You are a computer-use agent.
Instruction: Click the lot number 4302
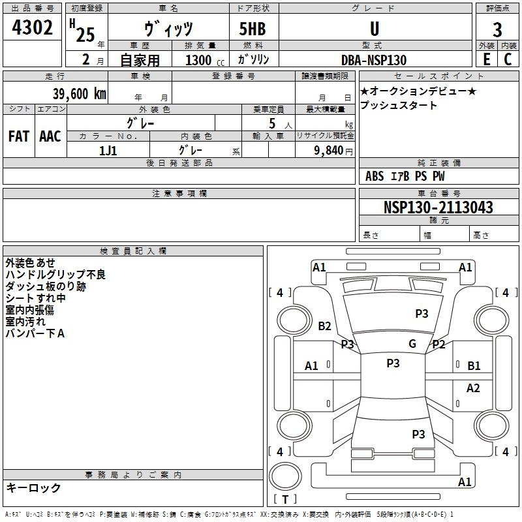(x=32, y=27)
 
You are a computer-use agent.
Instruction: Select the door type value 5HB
(x=253, y=29)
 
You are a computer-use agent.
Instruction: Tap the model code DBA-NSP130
(x=374, y=60)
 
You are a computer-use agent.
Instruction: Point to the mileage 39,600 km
(x=79, y=94)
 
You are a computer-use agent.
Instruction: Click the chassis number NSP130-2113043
(x=438, y=207)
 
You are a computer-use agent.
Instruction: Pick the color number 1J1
(x=108, y=151)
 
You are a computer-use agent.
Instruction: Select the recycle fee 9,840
(x=329, y=151)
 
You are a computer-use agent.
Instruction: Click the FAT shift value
(x=19, y=136)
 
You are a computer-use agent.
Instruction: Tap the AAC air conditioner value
(x=50, y=136)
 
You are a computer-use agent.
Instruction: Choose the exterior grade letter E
(x=487, y=59)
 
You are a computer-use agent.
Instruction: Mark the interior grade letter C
(x=508, y=59)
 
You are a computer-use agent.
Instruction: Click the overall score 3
(x=497, y=30)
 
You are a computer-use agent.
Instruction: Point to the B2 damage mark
(x=324, y=326)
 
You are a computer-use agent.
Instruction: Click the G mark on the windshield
(x=412, y=343)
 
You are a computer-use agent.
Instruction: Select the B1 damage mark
(x=474, y=366)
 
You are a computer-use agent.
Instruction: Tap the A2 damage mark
(x=473, y=388)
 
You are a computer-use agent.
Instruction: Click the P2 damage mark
(x=438, y=345)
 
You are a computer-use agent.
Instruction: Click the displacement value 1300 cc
(x=205, y=60)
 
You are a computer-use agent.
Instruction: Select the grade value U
(x=375, y=29)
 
